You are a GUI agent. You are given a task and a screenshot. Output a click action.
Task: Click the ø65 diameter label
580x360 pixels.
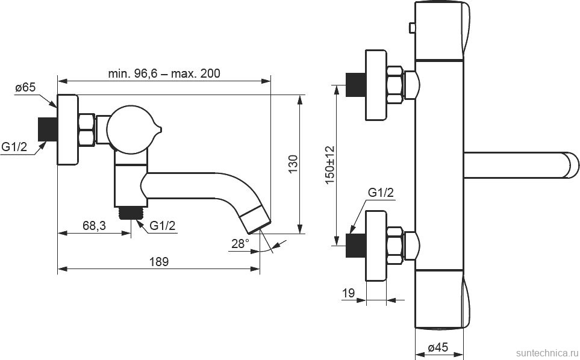click(x=26, y=88)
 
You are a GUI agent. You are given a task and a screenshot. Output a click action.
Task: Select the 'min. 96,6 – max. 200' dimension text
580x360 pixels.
click(x=164, y=73)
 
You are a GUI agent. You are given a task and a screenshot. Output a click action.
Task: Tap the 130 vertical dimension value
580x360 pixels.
click(x=293, y=164)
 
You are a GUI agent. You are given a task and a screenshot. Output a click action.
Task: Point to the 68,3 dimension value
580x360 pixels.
click(x=94, y=226)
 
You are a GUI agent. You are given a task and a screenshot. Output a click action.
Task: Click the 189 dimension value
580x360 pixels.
click(x=158, y=262)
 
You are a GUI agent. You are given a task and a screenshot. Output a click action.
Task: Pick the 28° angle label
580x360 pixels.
click(x=240, y=243)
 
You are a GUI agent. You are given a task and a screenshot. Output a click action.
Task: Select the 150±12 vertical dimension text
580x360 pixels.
click(x=329, y=164)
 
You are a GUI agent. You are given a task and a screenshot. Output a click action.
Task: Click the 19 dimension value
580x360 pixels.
click(x=349, y=293)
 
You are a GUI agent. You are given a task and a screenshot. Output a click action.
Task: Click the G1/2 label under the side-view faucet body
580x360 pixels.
click(x=162, y=226)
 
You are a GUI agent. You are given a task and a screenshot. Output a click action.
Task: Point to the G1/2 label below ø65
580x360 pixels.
click(x=14, y=147)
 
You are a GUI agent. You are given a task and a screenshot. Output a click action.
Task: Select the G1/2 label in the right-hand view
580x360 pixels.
click(x=381, y=193)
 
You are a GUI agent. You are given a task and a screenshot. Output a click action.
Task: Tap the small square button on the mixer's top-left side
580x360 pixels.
click(x=412, y=27)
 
